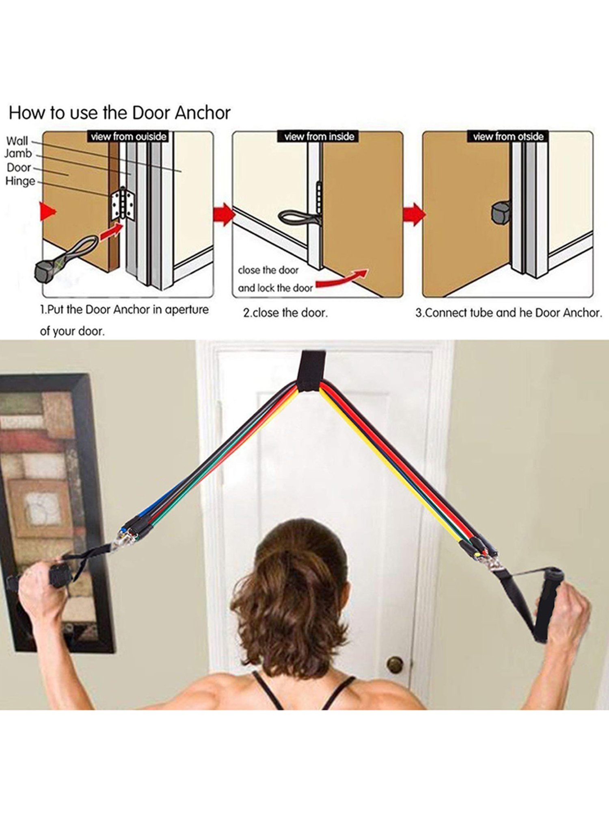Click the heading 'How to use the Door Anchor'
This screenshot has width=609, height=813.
119,113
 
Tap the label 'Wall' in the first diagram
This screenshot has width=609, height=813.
17,141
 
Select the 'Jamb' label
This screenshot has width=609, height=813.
18,154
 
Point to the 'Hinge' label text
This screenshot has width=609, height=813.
20,181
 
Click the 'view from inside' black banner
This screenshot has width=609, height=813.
319,137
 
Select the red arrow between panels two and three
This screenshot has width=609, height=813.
414,214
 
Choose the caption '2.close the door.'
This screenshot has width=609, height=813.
285,313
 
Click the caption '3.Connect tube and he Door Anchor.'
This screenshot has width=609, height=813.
508,313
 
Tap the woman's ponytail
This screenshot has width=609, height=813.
290,602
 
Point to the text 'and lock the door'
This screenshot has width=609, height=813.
275,288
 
